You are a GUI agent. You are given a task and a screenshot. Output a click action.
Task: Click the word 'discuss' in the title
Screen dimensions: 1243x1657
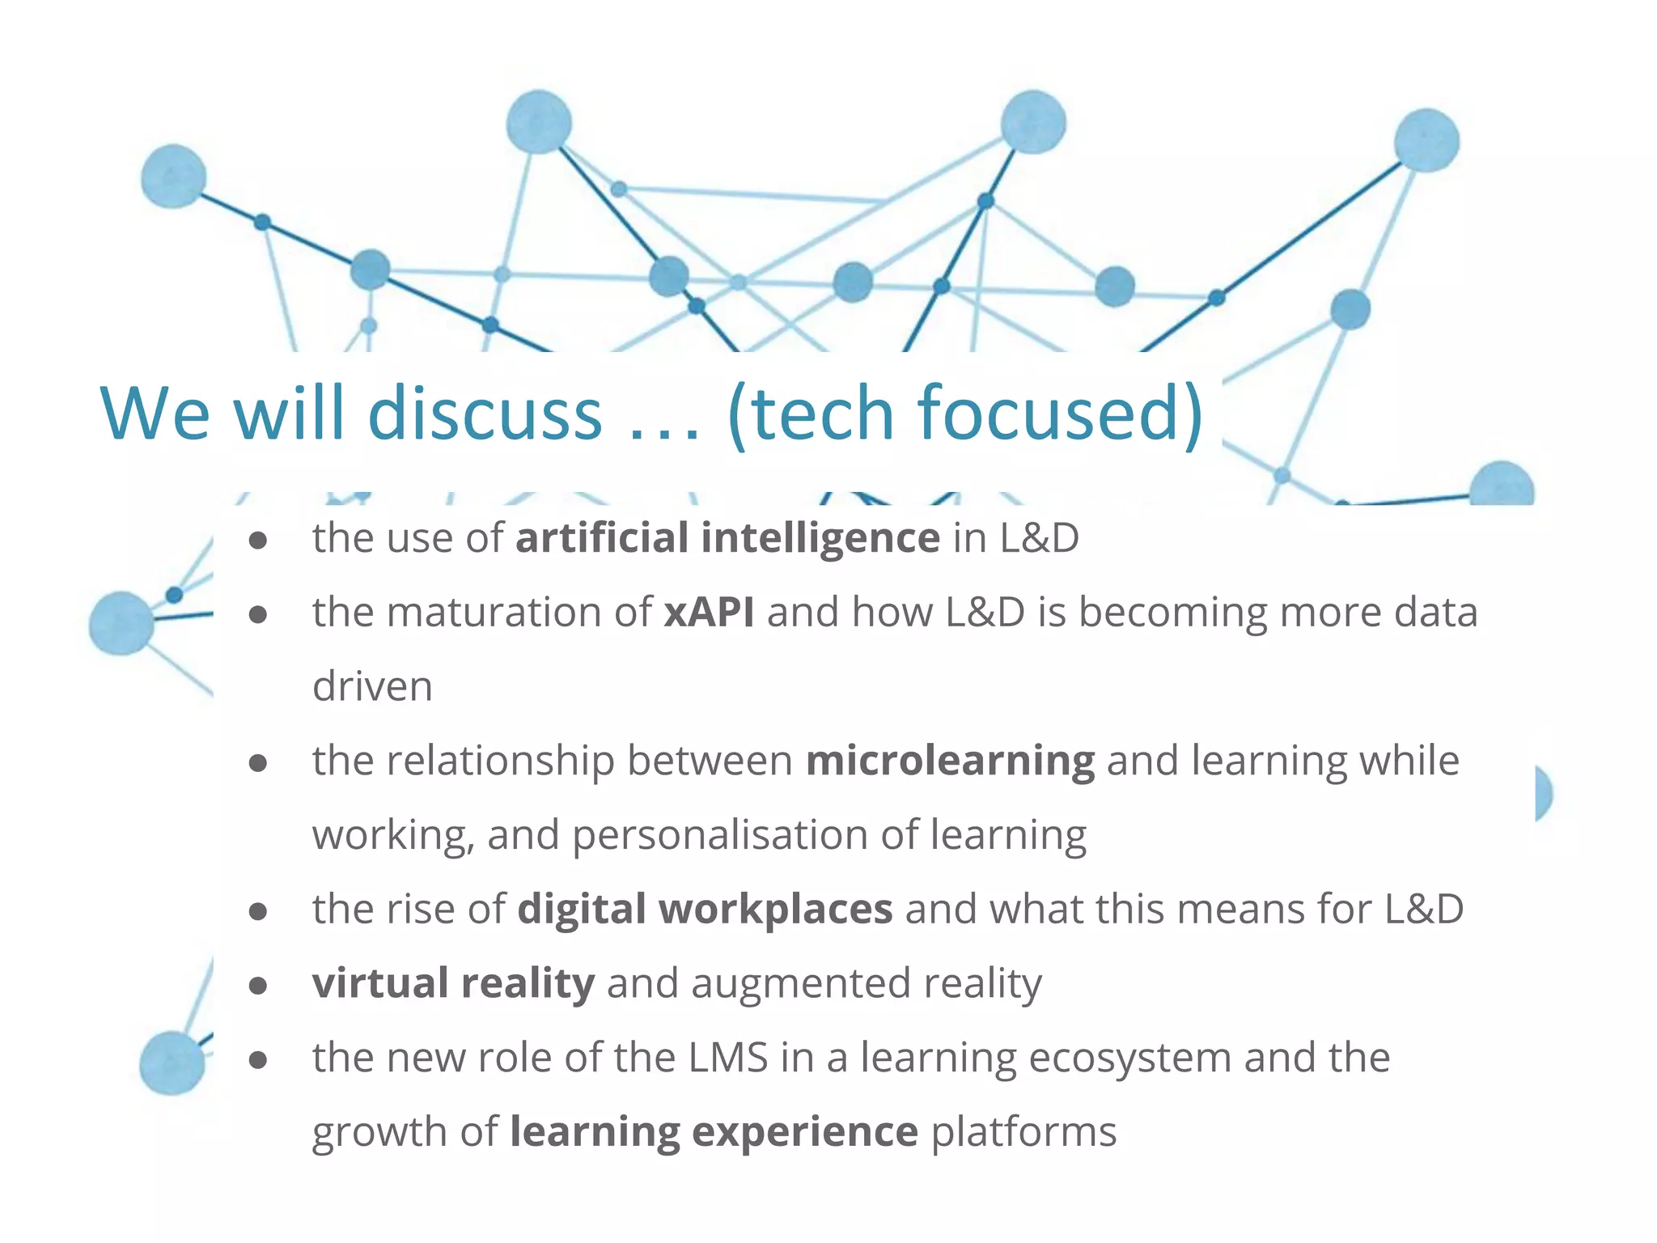pyautogui.click(x=485, y=414)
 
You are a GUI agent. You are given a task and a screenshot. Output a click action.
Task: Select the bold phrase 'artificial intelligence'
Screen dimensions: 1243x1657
pyautogui.click(x=727, y=538)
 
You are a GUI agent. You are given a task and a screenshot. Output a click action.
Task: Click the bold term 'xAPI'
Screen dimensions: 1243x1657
pyautogui.click(x=709, y=612)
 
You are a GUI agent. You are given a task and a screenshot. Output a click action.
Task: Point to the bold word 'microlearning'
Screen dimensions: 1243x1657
pyautogui.click(x=950, y=761)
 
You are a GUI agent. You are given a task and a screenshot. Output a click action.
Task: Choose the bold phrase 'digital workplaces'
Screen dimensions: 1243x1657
pyautogui.click(x=705, y=909)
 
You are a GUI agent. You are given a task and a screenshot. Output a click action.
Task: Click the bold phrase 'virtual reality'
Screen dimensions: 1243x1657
pyautogui.click(x=453, y=983)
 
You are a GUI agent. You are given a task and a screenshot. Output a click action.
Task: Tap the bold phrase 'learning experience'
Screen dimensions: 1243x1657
pyautogui.click(x=714, y=1131)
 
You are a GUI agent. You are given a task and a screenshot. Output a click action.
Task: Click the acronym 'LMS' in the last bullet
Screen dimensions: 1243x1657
pyautogui.click(x=727, y=1058)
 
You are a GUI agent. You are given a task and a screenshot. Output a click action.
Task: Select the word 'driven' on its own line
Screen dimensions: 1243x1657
pyautogui.click(x=372, y=686)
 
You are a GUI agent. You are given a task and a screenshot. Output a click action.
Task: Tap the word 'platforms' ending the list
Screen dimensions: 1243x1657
pyautogui.click(x=1023, y=1131)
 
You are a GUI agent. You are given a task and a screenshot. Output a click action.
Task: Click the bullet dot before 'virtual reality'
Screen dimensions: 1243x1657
pyautogui.click(x=258, y=985)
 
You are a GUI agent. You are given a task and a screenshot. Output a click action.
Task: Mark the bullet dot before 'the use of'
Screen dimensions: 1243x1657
pyautogui.click(x=258, y=540)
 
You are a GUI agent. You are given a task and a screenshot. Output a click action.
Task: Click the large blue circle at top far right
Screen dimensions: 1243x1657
pyautogui.click(x=1426, y=141)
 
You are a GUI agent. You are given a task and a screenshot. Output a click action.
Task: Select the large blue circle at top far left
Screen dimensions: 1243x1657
pyautogui.click(x=173, y=176)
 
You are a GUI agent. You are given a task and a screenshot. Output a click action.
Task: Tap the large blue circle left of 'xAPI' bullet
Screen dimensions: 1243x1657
pyautogui.click(x=121, y=622)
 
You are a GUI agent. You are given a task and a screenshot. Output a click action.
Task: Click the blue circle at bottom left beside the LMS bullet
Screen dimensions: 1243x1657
pyautogui.click(x=172, y=1063)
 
